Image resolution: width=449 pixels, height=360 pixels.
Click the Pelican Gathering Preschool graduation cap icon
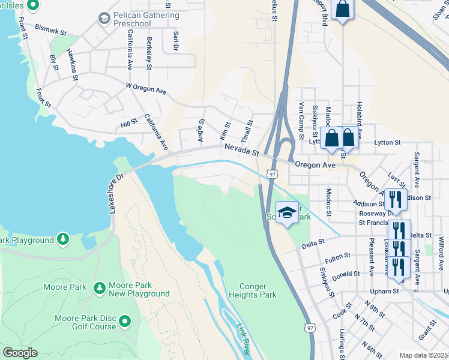104,19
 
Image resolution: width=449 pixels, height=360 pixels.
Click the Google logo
20,353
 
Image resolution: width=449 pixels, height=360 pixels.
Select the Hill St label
129,124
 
